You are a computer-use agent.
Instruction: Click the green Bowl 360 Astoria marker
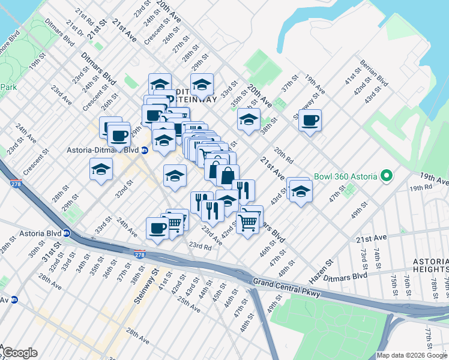pyautogui.click(x=387, y=177)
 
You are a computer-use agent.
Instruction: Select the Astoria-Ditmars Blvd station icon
pyautogui.click(x=145, y=151)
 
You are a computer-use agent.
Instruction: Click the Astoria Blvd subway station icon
pyautogui.click(x=67, y=233)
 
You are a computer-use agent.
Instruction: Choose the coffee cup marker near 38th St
pyautogui.click(x=310, y=121)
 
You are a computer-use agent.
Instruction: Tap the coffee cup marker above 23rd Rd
pyautogui.click(x=157, y=229)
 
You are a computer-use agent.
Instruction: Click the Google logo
pyautogui.click(x=20, y=353)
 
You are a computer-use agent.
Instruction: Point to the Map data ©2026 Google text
pyautogui.click(x=412, y=355)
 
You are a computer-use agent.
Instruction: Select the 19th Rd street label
pyautogui.click(x=421, y=188)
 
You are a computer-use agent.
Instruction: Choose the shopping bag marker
pyautogui.click(x=228, y=176)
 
